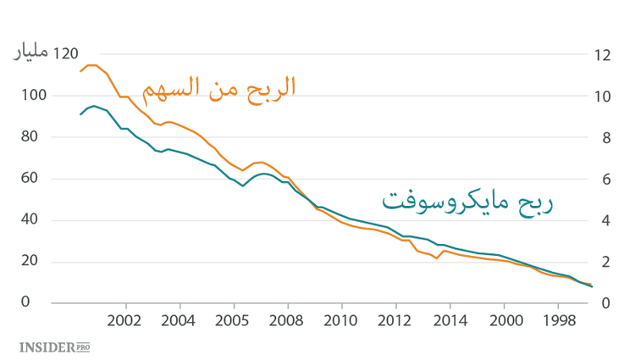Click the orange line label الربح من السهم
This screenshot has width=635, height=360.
coord(218,87)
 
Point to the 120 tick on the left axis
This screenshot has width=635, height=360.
coord(66,54)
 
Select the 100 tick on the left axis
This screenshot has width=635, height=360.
coord(31,96)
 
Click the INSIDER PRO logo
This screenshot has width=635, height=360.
coord(54,346)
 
